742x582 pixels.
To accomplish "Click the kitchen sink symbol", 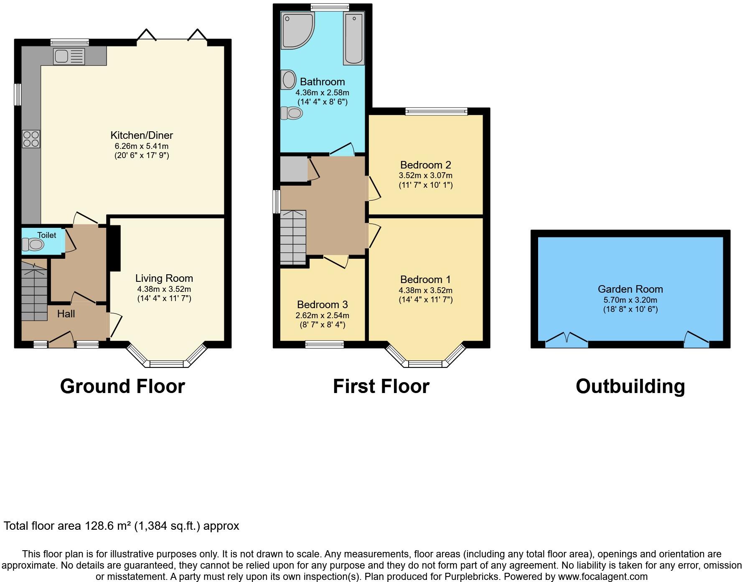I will point(69,56).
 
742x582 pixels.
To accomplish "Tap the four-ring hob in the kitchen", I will point(31,139).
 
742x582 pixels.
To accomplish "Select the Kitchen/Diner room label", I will point(142,135).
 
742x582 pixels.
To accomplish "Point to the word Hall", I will point(66,314).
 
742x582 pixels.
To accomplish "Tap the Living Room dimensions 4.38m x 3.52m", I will point(164,289).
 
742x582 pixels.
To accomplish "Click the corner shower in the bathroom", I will point(297,31).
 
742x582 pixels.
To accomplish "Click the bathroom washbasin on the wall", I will point(288,80).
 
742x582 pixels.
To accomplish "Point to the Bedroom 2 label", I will point(425,165).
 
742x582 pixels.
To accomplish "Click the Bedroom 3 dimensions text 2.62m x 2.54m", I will point(323,315).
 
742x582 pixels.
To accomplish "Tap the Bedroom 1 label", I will point(425,279).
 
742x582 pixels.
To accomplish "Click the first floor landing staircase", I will point(293,237).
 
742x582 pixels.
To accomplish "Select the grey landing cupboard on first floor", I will point(294,169).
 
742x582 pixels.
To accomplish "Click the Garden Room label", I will point(630,289).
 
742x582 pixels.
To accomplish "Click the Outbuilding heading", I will point(630,386).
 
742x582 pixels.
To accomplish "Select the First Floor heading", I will point(381,386).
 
